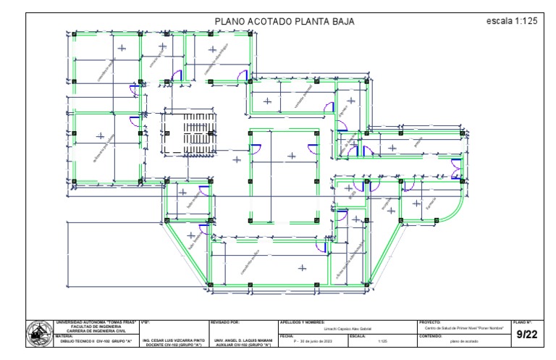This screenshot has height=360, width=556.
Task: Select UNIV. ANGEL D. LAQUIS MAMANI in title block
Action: (x=242, y=339)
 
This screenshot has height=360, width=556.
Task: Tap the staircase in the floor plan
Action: (x=190, y=133)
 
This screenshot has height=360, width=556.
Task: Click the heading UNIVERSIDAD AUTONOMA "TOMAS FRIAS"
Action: (x=96, y=321)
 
